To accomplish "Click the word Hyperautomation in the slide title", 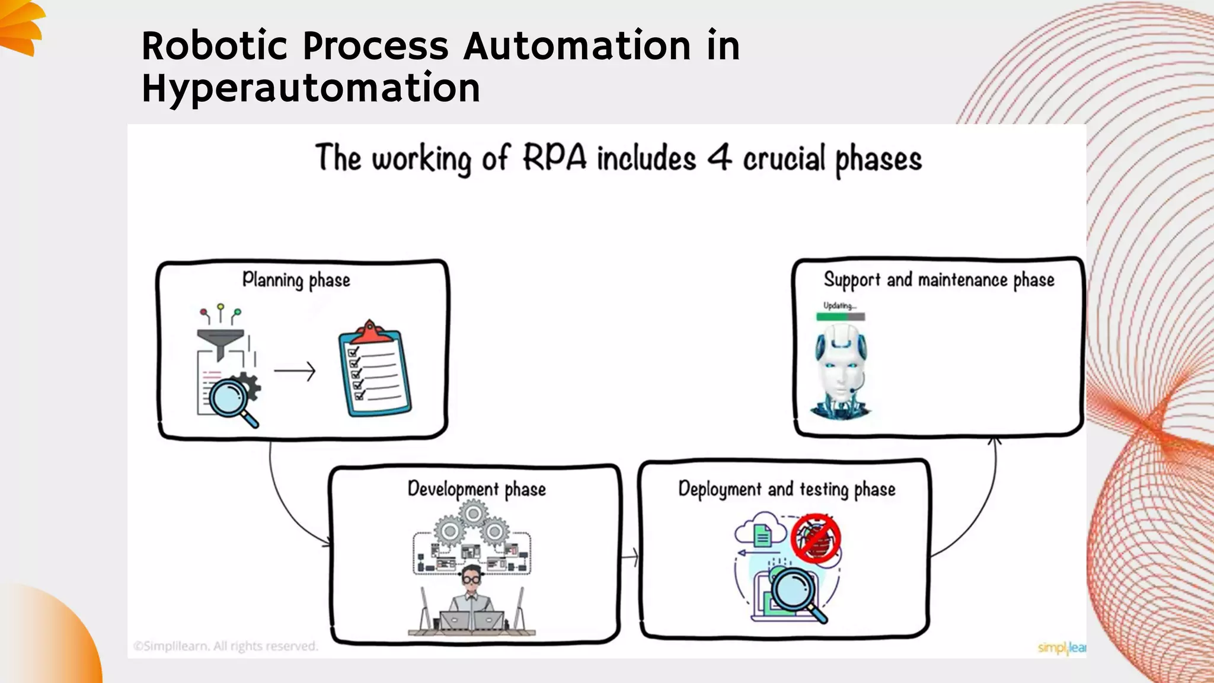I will [x=311, y=89].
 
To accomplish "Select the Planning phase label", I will [x=296, y=280].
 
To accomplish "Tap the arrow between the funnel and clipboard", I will [x=295, y=372].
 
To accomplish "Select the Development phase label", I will [x=477, y=489].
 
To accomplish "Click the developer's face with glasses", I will [x=472, y=577].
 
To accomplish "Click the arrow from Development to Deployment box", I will [x=630, y=557].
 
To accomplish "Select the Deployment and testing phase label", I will [x=787, y=489].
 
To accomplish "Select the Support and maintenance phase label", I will [x=939, y=280].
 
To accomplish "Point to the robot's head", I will [x=840, y=362].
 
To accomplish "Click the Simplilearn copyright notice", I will [x=225, y=646].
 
